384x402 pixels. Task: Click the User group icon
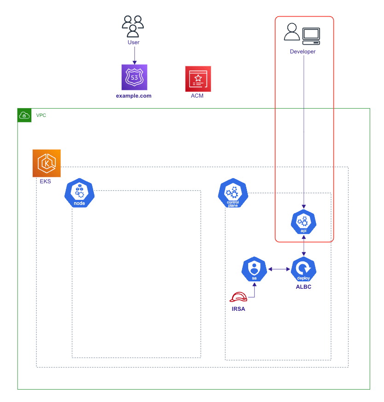pos(133,26)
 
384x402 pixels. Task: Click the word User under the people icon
pos(134,42)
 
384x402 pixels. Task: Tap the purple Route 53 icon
pos(134,77)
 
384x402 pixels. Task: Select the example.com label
pos(134,96)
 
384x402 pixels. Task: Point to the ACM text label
pos(197,96)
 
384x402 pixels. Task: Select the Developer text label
pos(303,52)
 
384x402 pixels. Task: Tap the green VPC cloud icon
pos(24,115)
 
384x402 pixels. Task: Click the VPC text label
pos(41,115)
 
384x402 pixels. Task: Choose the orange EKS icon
pos(47,163)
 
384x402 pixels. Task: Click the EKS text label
pos(45,181)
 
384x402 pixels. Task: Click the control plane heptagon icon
pos(233,193)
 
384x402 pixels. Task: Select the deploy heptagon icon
pos(303,269)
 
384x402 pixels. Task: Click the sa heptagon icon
pos(254,269)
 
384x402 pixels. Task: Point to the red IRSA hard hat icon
pos(239,297)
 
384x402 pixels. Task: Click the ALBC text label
pos(303,287)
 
